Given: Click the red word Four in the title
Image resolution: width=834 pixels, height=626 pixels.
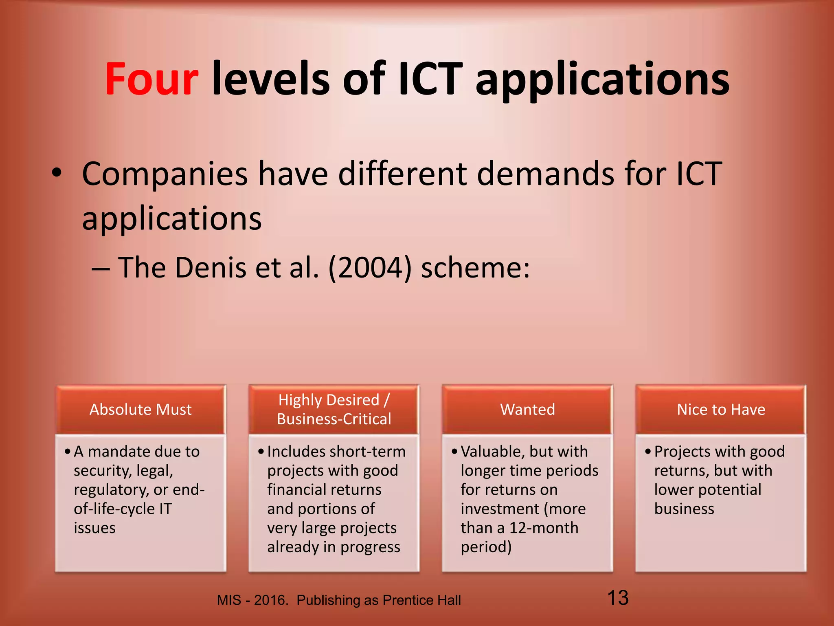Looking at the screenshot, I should point(151,79).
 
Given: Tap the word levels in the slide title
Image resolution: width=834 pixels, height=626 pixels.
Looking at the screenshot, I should point(270,79).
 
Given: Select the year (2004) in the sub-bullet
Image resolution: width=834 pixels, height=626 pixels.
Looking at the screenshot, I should point(370,268).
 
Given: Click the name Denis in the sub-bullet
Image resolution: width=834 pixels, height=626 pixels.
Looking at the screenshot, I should point(211,268).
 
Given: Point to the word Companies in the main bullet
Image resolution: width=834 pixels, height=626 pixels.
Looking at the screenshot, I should point(165,174).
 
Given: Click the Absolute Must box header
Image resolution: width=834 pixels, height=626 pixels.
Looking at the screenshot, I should point(140,410).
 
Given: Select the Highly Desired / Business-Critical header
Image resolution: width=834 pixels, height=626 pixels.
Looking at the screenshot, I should point(334,410).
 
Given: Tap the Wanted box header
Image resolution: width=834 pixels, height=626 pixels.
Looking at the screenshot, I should point(527,410).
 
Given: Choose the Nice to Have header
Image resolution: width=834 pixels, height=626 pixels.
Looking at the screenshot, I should point(721,410).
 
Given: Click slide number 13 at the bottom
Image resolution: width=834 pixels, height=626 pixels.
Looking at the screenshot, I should point(618,598).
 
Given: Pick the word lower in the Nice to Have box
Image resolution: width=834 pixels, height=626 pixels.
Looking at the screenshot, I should point(674,490).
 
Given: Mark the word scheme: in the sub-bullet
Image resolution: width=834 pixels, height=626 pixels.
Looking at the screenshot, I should point(475,268).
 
